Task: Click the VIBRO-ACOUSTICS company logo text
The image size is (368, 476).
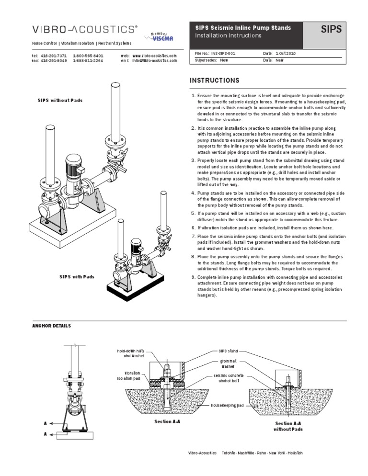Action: [84, 29]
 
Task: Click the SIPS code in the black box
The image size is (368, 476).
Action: [331, 30]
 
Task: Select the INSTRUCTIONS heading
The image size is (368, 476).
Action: [215, 80]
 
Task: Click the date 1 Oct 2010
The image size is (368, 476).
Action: [286, 54]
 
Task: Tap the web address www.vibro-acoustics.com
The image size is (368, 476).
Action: [154, 56]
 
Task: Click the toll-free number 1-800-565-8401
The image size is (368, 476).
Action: [88, 56]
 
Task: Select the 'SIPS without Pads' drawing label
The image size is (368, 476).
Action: [60, 101]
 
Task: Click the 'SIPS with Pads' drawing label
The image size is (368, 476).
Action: [77, 277]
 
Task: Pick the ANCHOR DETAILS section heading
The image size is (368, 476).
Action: [51, 326]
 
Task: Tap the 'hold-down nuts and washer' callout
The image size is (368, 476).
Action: [130, 353]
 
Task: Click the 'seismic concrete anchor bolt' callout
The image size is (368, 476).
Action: [229, 378]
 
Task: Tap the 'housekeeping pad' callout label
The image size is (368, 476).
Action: [227, 405]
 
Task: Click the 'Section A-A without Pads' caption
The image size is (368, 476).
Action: [288, 426]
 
